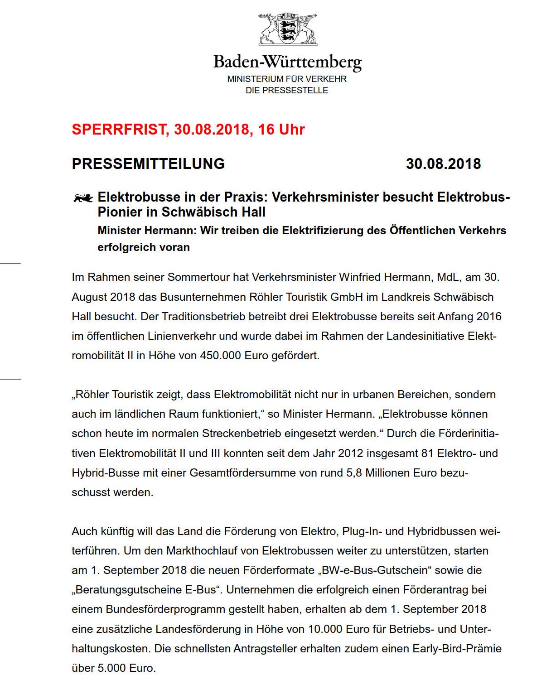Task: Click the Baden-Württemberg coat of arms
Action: [288, 29]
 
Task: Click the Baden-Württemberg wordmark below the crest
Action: [287, 62]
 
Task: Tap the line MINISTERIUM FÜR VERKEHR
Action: [287, 79]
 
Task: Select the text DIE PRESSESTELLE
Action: [287, 90]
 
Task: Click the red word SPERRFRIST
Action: [119, 130]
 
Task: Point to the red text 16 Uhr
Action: [281, 130]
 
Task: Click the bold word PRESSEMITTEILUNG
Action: [148, 164]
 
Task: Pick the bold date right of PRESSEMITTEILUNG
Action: [443, 164]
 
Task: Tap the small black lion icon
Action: [83, 198]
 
